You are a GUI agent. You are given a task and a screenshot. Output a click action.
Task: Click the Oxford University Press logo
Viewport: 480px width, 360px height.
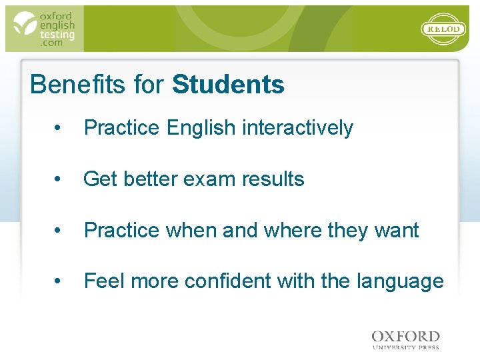[405, 339]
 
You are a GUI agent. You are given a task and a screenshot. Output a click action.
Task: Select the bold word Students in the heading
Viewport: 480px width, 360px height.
[228, 85]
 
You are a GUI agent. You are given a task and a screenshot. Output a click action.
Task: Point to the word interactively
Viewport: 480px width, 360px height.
[297, 128]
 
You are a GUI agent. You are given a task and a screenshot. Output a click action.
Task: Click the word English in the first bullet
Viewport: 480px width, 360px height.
[202, 128]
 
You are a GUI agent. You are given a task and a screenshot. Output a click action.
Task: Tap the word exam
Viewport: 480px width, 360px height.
[211, 179]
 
